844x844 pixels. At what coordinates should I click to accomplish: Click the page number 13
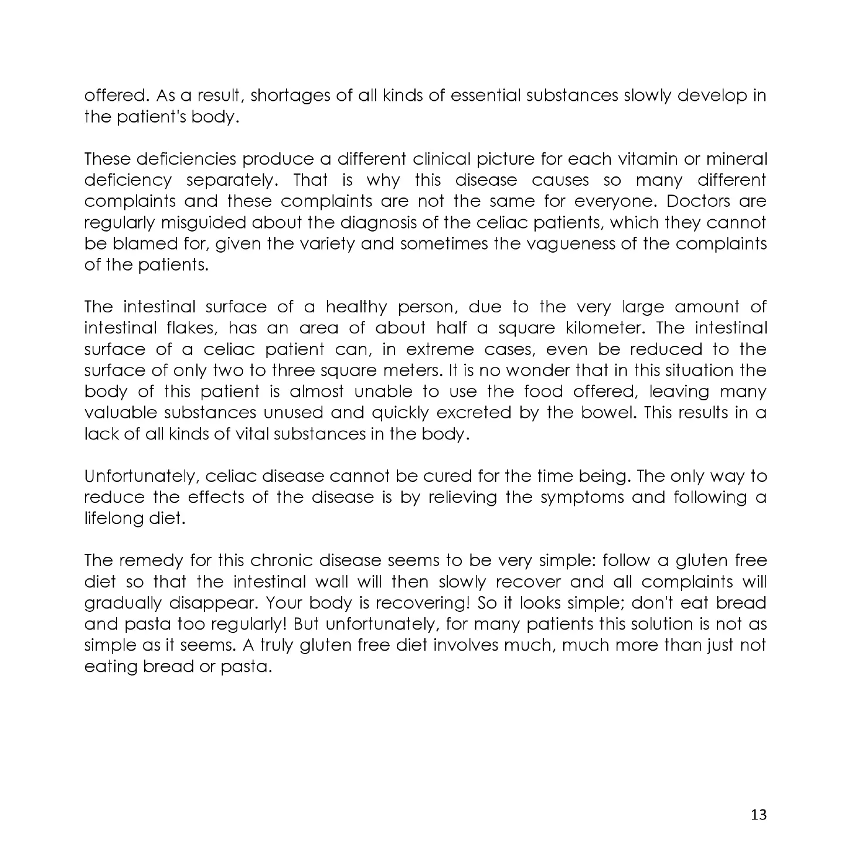point(758,815)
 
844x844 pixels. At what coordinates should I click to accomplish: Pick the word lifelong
point(111,518)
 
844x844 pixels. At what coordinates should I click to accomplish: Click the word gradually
point(124,603)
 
